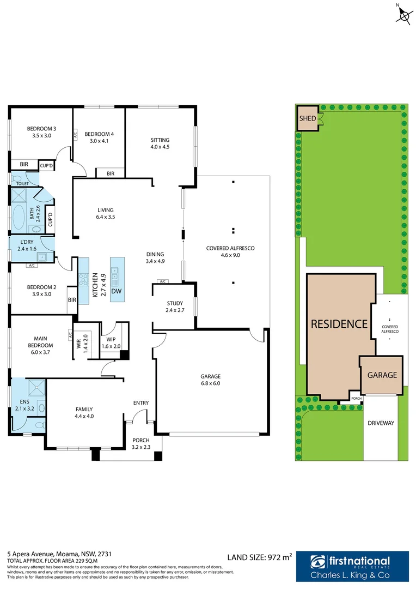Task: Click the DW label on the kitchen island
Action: pyautogui.click(x=116, y=291)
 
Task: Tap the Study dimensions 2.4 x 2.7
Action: pyautogui.click(x=174, y=310)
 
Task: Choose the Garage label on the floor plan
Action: pyautogui.click(x=210, y=376)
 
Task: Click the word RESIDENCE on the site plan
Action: pyautogui.click(x=339, y=324)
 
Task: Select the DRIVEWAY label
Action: pyautogui.click(x=381, y=423)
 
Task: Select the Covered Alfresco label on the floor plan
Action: pyautogui.click(x=230, y=248)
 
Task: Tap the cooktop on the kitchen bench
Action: pyautogui.click(x=83, y=280)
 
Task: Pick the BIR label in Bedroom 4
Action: pyautogui.click(x=111, y=173)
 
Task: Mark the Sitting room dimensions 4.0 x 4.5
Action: pyautogui.click(x=160, y=146)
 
